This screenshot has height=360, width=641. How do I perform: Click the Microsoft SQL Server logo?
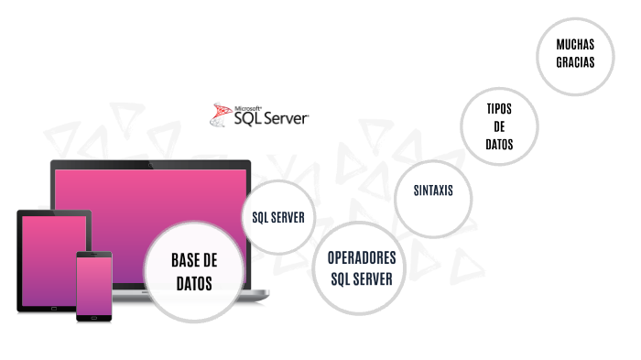coord(260,115)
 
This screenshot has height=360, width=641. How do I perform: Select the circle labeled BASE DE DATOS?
coord(193,272)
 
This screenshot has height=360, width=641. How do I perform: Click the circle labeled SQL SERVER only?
coord(278,217)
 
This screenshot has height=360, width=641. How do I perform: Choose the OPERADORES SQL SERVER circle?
coord(361,267)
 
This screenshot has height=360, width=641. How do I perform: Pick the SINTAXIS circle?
coord(433,191)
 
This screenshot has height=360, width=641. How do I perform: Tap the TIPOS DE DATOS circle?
coord(499,126)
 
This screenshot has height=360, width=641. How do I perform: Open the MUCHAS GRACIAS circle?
coord(575,54)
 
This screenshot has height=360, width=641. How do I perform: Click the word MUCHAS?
coord(575,44)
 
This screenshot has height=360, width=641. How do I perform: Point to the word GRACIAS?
coord(575,63)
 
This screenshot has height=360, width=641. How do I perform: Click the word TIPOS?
coord(499,108)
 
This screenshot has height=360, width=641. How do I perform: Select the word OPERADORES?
coord(361,257)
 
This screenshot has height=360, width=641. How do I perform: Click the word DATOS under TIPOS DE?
coord(499,145)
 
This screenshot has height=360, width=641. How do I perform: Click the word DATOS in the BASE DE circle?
coord(193,284)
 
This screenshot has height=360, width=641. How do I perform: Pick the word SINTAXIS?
coord(433,191)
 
